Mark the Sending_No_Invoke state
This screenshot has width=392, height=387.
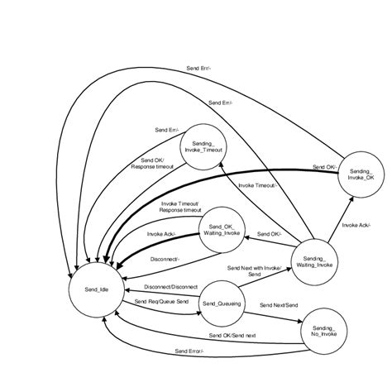(x=320, y=332)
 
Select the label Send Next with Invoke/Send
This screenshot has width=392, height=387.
(x=256, y=271)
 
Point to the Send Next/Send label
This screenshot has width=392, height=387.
(x=279, y=305)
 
